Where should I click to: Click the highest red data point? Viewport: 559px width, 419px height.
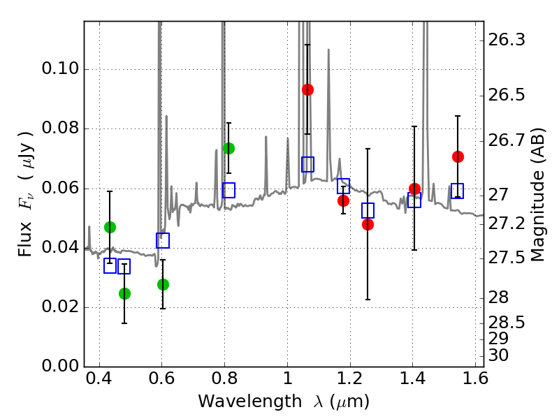coord(307,89)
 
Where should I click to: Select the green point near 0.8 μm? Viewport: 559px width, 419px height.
coord(228,148)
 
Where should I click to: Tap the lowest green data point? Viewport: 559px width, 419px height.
coord(124,293)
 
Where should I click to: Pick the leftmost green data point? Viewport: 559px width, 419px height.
coord(110,227)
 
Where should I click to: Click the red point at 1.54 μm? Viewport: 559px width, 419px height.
coord(458,156)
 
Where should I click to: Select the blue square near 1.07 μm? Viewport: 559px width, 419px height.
coord(307,164)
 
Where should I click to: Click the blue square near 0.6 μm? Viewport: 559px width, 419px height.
coord(163,240)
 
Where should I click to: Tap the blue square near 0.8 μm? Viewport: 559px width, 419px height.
coord(228,190)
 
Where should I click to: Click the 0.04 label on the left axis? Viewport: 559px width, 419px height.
coord(61,248)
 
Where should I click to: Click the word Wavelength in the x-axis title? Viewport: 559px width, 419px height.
coord(237,402)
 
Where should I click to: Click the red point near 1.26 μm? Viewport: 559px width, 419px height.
coord(368,224)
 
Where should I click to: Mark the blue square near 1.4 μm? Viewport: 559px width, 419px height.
coord(414,200)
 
